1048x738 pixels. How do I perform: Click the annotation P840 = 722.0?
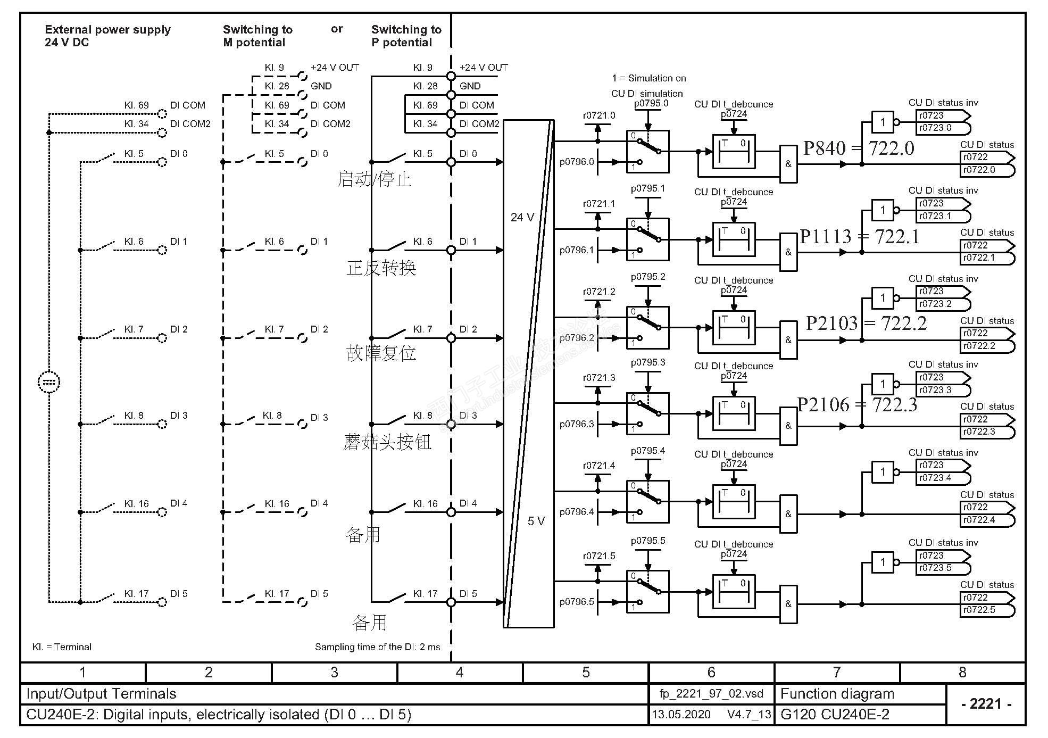click(858, 148)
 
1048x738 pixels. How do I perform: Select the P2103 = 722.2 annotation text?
click(866, 323)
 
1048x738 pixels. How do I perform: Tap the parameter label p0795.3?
click(648, 362)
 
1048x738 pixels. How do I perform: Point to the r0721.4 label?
click(599, 466)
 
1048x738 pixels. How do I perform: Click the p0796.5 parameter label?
click(577, 602)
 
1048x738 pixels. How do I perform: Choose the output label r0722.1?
click(979, 258)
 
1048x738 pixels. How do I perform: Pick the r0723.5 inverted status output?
click(935, 568)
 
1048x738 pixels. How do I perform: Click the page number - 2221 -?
click(986, 704)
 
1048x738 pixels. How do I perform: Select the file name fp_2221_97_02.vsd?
click(711, 694)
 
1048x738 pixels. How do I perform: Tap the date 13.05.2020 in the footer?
click(681, 715)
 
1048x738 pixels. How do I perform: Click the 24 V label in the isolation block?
click(522, 217)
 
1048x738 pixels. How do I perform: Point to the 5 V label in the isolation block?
click(536, 521)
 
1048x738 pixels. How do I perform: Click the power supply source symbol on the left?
click(49, 382)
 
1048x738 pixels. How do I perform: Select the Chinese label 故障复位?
click(381, 353)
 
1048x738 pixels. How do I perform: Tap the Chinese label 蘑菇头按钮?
click(387, 442)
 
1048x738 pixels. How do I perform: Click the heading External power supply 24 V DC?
click(107, 36)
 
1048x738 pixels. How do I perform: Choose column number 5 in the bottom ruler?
click(586, 673)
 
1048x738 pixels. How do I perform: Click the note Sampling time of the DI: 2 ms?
click(377, 647)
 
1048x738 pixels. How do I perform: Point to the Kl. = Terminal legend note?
click(62, 647)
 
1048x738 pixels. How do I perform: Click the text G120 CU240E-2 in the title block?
click(834, 715)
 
